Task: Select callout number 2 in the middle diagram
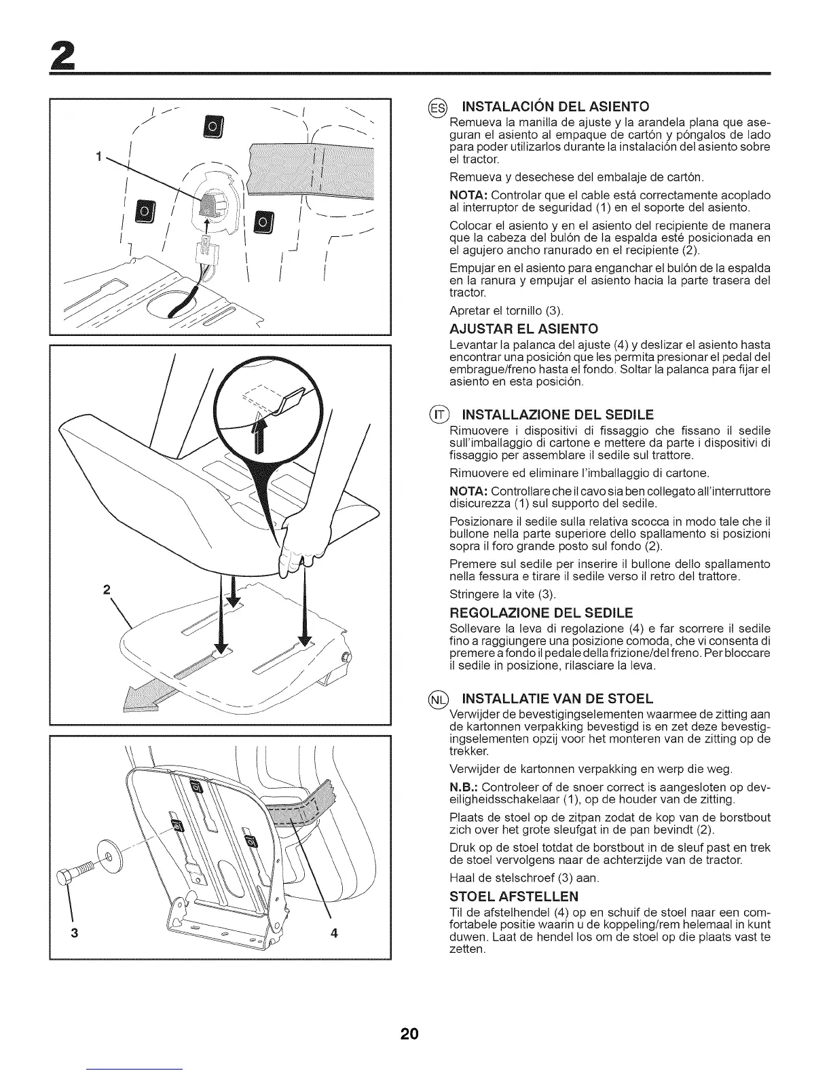[107, 588]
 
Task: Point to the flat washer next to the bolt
[107, 851]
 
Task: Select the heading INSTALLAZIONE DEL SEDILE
[557, 415]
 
